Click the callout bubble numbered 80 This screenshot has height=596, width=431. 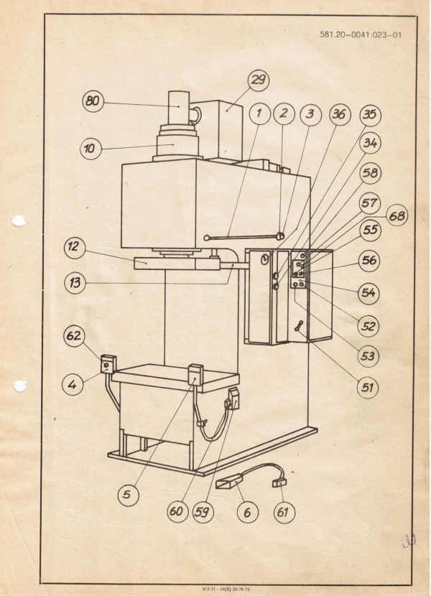(92, 101)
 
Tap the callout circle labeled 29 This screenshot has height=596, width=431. (257, 80)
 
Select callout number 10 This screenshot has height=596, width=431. (90, 149)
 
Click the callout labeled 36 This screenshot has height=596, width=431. (340, 115)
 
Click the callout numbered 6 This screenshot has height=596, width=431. (247, 512)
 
